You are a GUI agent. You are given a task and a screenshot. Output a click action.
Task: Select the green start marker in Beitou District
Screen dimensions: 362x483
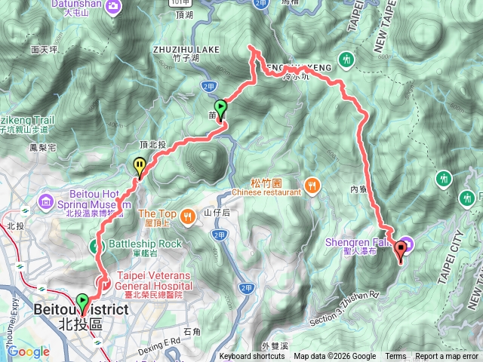point(82,302)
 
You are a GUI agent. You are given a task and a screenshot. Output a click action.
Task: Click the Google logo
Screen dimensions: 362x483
point(29,351)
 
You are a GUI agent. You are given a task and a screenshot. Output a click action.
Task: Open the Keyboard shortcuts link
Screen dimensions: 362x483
point(252,357)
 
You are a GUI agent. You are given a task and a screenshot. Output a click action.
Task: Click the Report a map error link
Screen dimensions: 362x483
point(447,357)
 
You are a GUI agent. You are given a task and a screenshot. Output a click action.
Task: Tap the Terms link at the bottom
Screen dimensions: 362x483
point(395,357)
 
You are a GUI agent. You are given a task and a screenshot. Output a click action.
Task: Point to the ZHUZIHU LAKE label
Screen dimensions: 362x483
point(185,49)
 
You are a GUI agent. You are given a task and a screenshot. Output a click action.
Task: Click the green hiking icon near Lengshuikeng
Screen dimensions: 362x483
point(346,58)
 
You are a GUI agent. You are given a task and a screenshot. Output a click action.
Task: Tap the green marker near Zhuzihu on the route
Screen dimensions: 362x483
point(220,109)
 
